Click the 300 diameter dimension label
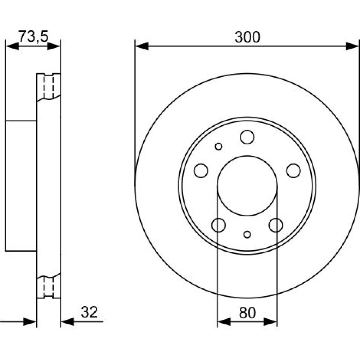coord(247,37)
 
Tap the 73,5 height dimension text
coord(33,37)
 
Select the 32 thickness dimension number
coord(89,312)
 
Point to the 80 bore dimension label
coord(247,313)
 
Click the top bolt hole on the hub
coord(247,137)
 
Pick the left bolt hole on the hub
coord(201,171)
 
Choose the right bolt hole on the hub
coord(293,171)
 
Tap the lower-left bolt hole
coord(219,225)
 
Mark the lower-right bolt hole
coord(276,225)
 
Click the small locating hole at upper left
coord(219,147)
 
